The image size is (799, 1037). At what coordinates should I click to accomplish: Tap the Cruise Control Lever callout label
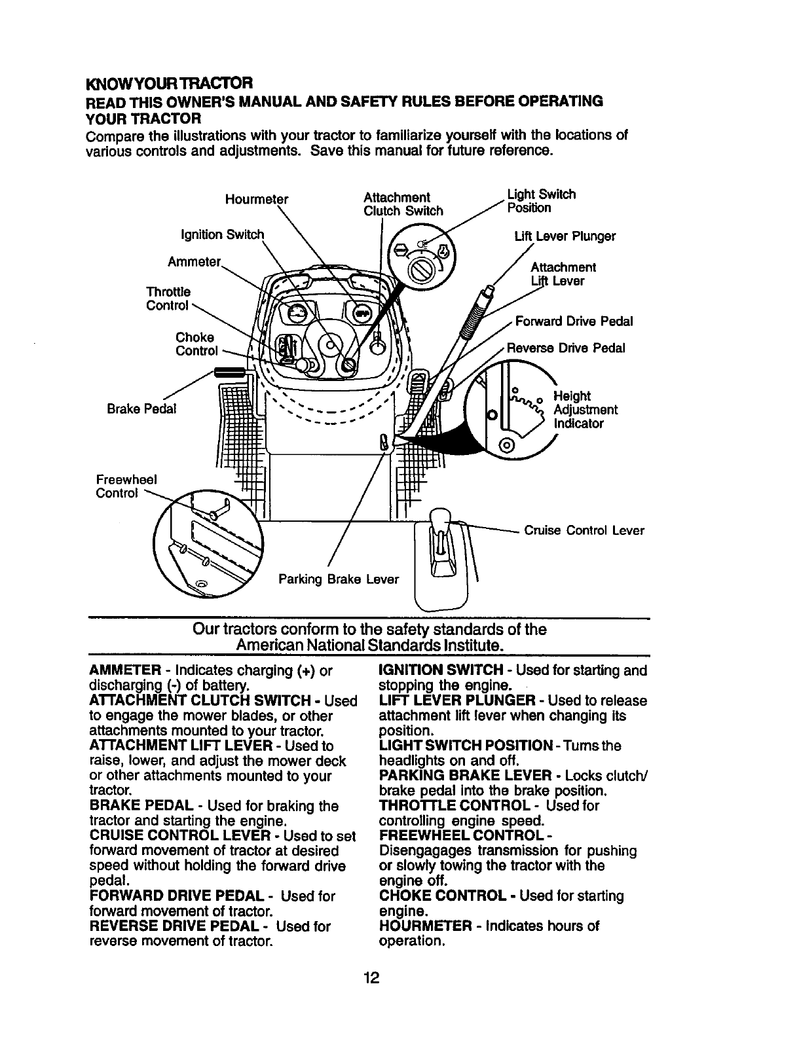point(584,530)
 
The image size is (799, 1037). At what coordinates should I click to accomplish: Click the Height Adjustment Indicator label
point(585,409)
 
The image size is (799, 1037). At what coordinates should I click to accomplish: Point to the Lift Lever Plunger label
point(565,236)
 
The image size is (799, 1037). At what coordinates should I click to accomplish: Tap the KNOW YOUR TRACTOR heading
point(169,84)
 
